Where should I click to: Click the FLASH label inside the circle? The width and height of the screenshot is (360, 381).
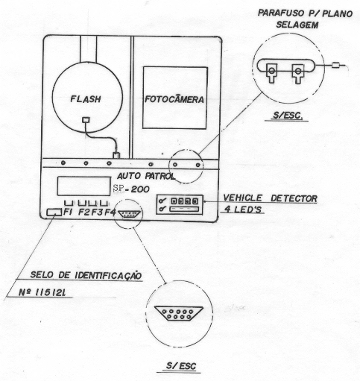pos(86,99)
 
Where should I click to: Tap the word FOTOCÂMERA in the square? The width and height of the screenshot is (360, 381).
pos(174,99)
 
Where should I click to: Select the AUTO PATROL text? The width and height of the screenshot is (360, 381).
pos(146,176)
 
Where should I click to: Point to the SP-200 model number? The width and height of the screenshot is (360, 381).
pos(131,189)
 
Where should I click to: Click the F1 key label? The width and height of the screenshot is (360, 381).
pos(68,212)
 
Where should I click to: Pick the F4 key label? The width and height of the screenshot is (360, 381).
pos(110,212)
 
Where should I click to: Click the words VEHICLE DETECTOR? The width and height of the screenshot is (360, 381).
pos(270,198)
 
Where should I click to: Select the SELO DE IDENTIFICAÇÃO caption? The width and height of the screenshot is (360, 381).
pos(86,275)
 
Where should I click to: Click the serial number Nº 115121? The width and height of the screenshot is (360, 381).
pos(42,292)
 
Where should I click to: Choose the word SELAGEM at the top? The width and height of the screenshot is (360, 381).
pos(297,25)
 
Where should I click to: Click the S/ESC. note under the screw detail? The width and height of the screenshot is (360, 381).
pos(288,116)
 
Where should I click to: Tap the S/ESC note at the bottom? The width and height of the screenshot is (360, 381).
pos(181,365)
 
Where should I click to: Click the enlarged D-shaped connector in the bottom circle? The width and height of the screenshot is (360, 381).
pos(179,313)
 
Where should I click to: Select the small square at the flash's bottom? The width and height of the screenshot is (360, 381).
pos(86,120)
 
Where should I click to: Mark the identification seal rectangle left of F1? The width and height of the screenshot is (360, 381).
pos(54,212)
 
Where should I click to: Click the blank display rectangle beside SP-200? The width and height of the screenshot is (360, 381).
pos(84,186)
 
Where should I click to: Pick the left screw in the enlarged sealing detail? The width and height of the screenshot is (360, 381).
pos(272,72)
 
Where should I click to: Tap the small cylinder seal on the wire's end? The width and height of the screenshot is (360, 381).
pos(335,66)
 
